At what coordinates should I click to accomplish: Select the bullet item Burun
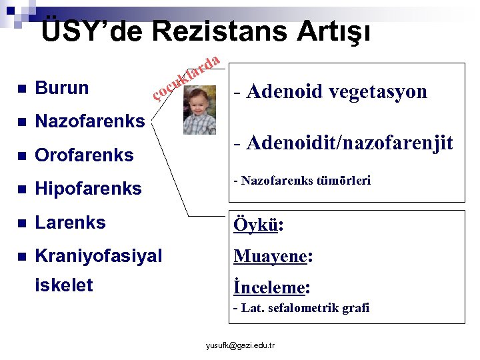tap(61, 88)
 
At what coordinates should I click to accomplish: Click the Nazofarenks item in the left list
tap(89, 121)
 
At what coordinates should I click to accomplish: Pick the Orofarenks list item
tap(84, 155)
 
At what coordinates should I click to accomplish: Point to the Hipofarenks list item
tap(88, 189)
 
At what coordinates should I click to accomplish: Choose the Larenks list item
tap(70, 223)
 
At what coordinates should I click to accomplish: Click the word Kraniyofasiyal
tap(98, 255)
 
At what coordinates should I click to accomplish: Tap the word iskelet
tap(64, 286)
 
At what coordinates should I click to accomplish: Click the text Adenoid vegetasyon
tap(330, 91)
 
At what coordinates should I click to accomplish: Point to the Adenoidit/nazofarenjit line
tap(343, 142)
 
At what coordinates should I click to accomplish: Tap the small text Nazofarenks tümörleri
tap(301, 181)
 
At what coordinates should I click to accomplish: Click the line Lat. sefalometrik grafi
tap(301, 308)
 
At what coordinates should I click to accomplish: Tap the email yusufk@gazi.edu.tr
tap(241, 345)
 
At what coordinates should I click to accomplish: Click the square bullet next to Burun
tap(21, 89)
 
